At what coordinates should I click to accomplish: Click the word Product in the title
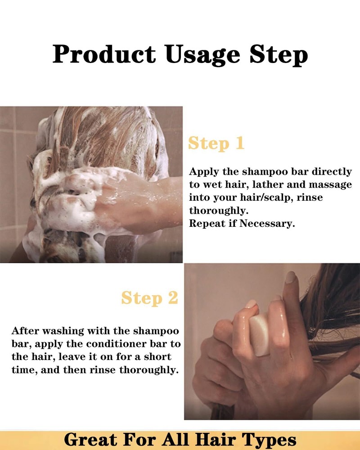tap(104, 54)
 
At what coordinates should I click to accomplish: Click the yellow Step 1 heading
tap(216, 144)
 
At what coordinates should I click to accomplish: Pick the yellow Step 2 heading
tap(149, 298)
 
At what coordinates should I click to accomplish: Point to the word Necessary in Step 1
tap(267, 223)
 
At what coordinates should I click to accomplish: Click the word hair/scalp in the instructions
tap(253, 198)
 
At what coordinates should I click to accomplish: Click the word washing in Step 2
tap(63, 331)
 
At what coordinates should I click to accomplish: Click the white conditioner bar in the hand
tap(259, 335)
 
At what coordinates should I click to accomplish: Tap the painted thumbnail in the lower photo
tap(290, 277)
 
